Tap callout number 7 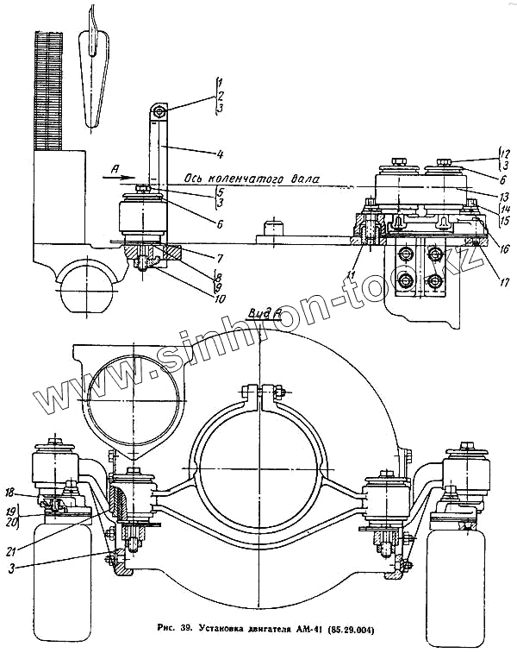pos(221,258)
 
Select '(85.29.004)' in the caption pos(356,625)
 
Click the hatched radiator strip pos(50,91)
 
